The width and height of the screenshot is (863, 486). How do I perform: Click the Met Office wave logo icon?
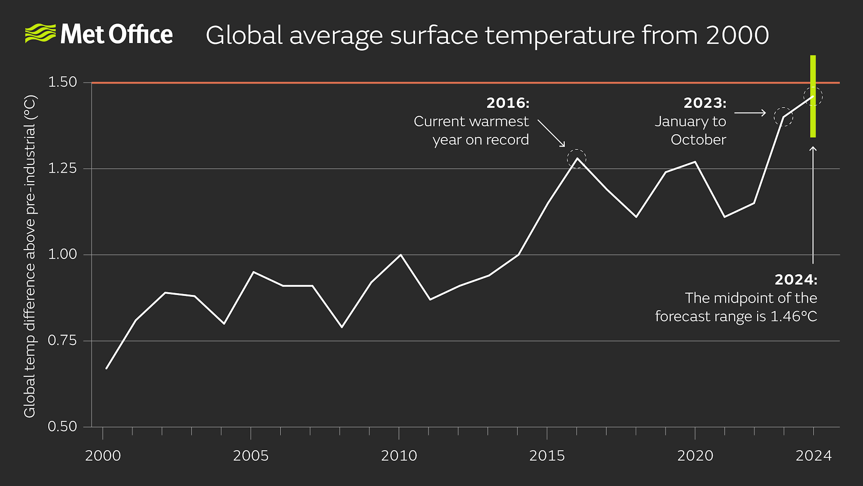point(40,34)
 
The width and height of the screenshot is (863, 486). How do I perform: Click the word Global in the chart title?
point(244,36)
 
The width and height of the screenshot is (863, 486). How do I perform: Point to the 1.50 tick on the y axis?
point(62,82)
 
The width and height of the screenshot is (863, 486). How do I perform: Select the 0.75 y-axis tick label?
point(62,341)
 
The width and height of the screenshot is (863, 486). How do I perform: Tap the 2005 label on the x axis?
point(250,456)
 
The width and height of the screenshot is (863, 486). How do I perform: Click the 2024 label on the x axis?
point(813,456)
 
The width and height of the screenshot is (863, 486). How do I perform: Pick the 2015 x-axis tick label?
point(547,456)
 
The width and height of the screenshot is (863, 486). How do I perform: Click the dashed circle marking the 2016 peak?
point(577,159)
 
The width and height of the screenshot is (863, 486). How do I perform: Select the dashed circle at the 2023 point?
point(783,117)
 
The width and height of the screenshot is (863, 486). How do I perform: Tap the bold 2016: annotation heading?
point(507,103)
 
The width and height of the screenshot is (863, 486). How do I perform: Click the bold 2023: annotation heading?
point(705,103)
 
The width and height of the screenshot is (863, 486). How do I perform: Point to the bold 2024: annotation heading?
point(796,280)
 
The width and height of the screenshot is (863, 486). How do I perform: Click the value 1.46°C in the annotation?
point(793,316)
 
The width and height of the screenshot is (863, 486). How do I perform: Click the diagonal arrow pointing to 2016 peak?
point(552,133)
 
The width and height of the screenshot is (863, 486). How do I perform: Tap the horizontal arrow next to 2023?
point(750,112)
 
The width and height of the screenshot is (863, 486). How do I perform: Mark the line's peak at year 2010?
point(400,255)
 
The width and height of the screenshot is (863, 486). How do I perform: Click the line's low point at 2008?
point(342,327)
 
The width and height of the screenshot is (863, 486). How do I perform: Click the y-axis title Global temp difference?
point(30,256)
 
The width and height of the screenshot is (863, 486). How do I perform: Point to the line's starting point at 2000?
point(107,369)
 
